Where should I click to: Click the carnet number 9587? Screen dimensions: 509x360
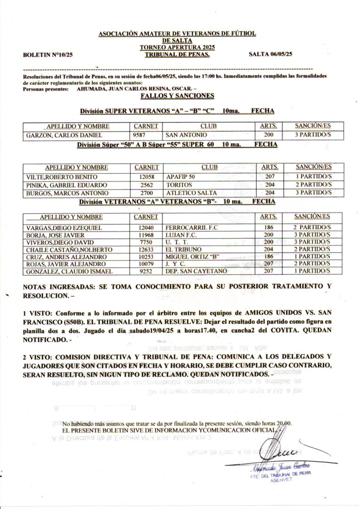coord(142,135)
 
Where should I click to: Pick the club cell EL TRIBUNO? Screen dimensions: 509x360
coord(183,249)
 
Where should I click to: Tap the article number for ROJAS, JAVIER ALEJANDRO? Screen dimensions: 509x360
coord(269,264)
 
